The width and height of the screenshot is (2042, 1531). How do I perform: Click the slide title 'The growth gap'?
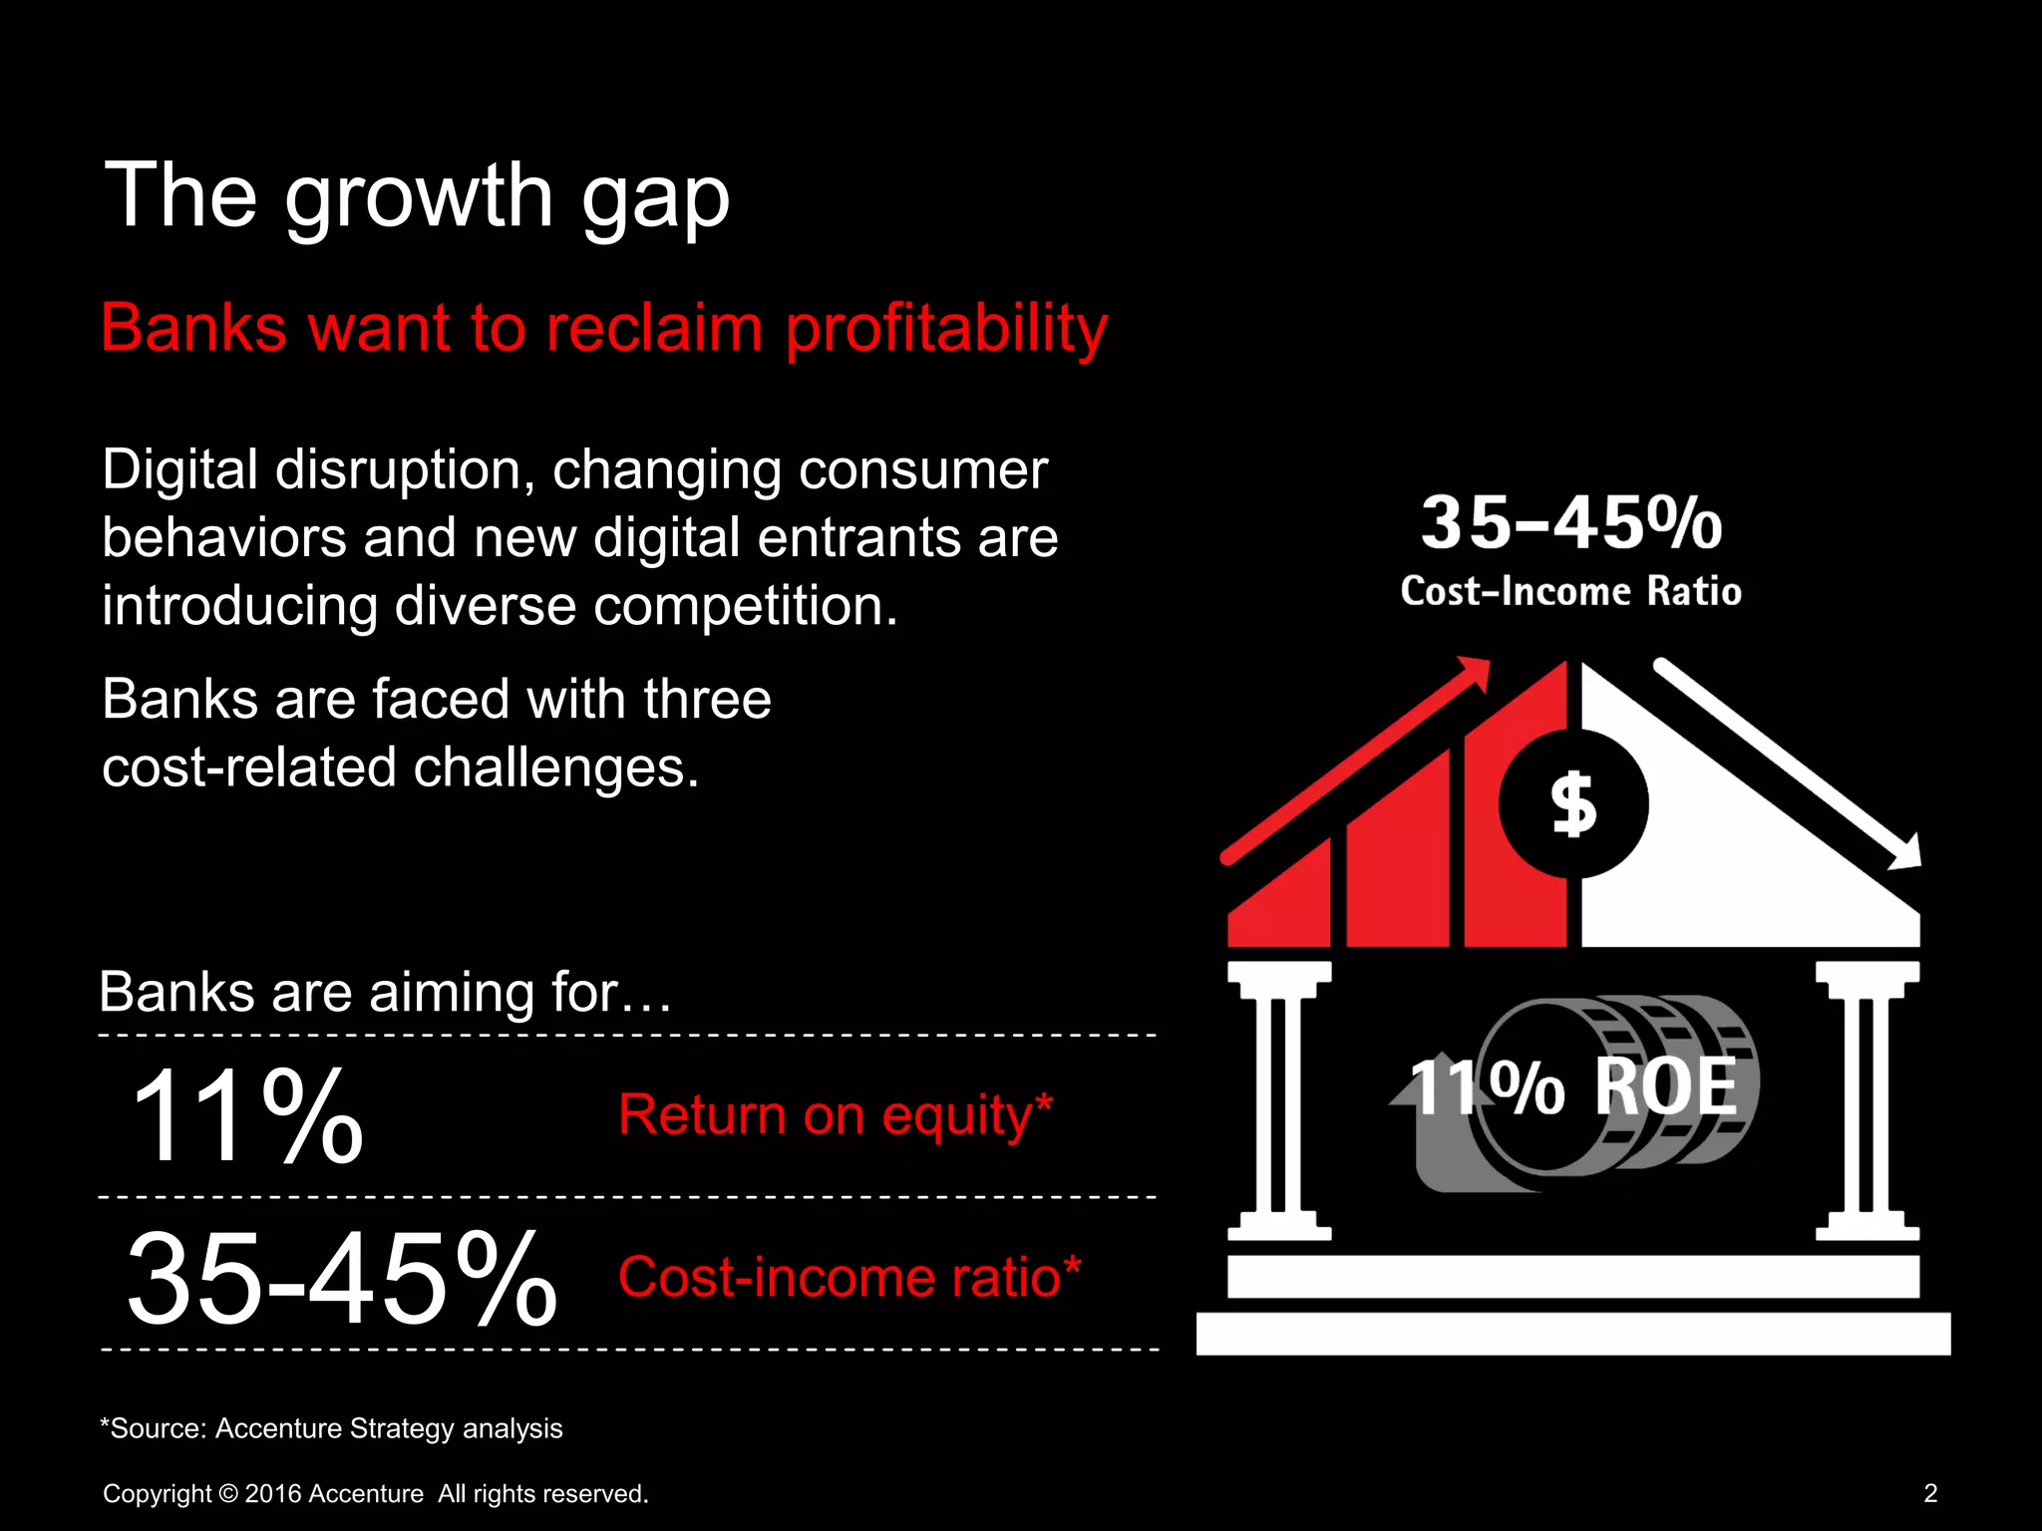(x=417, y=196)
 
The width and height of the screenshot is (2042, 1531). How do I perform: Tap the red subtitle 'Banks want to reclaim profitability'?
(x=604, y=328)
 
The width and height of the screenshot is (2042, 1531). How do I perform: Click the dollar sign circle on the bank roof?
(x=1573, y=803)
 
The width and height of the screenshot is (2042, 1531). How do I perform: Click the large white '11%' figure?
(x=247, y=1115)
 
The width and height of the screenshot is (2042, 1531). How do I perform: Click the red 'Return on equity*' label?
(x=835, y=1114)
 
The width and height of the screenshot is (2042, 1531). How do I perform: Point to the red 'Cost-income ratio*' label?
(x=850, y=1277)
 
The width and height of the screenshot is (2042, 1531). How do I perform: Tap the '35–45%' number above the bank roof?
(x=1571, y=523)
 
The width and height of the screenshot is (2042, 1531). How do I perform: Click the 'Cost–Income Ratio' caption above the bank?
(x=1571, y=591)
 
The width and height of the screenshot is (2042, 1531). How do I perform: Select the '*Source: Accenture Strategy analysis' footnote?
(x=331, y=1428)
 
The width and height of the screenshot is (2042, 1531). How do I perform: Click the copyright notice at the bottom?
(x=376, y=1494)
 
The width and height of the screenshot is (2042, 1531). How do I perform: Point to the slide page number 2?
(x=1930, y=1493)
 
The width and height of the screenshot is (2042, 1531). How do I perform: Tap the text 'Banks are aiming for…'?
(x=385, y=993)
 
